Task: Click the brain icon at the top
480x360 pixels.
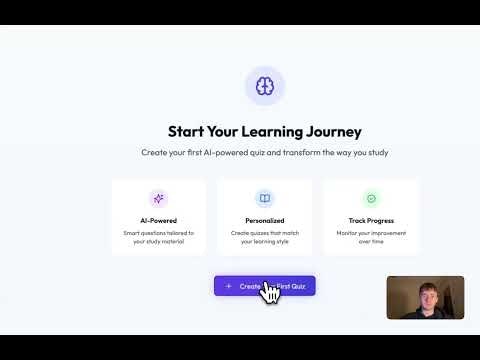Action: [x=264, y=87]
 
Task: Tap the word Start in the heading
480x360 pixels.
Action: [x=187, y=131]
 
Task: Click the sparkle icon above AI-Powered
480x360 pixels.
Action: [x=158, y=198]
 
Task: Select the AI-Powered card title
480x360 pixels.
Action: [x=158, y=220]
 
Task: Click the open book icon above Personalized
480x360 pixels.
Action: [x=264, y=198]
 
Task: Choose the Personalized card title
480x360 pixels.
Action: [x=264, y=220]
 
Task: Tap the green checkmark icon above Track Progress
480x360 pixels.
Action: [x=371, y=198]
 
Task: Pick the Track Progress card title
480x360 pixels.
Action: [x=371, y=220]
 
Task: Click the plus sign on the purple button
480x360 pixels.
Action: [x=228, y=286]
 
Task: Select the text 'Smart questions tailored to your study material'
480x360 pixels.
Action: [x=158, y=236]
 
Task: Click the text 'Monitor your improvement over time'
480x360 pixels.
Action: [x=371, y=236]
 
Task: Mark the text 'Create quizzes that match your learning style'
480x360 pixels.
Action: [x=264, y=236]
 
